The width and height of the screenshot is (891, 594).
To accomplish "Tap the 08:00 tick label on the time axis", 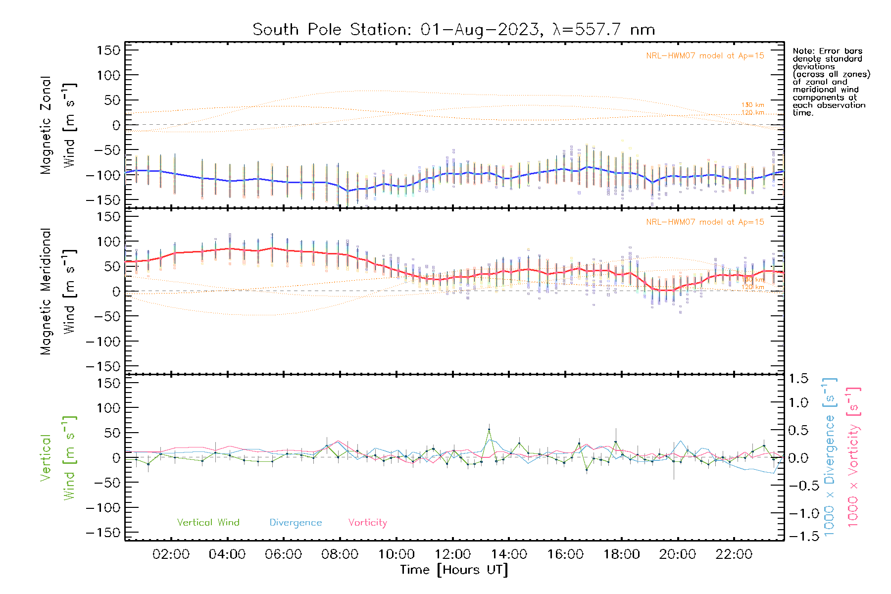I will tap(340, 554).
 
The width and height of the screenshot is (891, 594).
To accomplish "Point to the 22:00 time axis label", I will tap(734, 554).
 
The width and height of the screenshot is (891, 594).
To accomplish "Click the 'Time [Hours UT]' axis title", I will tap(454, 570).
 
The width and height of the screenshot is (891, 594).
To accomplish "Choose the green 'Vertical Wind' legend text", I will tap(208, 522).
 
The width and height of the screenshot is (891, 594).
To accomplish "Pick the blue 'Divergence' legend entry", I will tap(296, 522).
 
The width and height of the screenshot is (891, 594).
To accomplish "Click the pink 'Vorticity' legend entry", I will tap(367, 522).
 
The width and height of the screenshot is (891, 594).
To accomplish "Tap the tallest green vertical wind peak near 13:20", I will tap(489, 430).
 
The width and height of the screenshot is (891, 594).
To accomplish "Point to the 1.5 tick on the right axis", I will tap(798, 379).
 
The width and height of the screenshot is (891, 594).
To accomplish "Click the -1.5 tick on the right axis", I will tap(798, 536).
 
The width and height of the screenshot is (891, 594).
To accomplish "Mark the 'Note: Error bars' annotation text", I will tap(827, 51).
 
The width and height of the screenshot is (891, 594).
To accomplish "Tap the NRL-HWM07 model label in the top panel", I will tap(705, 55).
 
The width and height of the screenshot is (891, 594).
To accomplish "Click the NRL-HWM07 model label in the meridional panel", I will tap(705, 222).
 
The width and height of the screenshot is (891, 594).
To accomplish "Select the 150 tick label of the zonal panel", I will tap(108, 50).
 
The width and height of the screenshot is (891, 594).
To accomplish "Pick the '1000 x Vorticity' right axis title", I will tap(853, 457).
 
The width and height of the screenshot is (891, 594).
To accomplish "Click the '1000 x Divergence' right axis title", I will tap(829, 457).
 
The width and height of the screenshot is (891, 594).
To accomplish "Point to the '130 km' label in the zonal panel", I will tap(752, 105).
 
